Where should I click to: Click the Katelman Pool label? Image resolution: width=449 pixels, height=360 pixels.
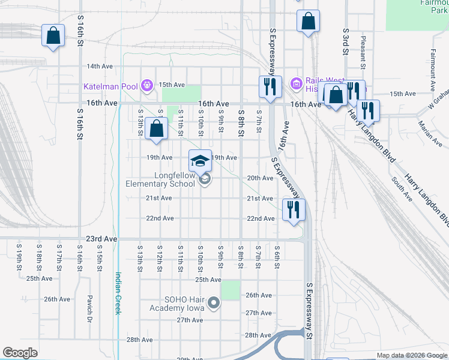[x=111, y=86]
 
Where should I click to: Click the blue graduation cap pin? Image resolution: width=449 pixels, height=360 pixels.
[x=200, y=161]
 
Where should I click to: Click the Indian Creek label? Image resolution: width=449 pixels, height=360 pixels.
[x=118, y=293]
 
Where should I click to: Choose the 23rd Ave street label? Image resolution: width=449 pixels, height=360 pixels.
[x=101, y=238]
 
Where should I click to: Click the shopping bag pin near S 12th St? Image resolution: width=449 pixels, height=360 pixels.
[x=156, y=128]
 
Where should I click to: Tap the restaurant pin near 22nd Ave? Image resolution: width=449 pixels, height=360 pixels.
[x=294, y=210]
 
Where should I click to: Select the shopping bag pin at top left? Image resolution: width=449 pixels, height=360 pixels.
[x=53, y=36]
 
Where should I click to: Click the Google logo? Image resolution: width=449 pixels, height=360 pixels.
[x=21, y=352]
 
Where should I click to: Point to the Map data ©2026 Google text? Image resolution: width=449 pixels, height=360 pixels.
[x=412, y=355]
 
